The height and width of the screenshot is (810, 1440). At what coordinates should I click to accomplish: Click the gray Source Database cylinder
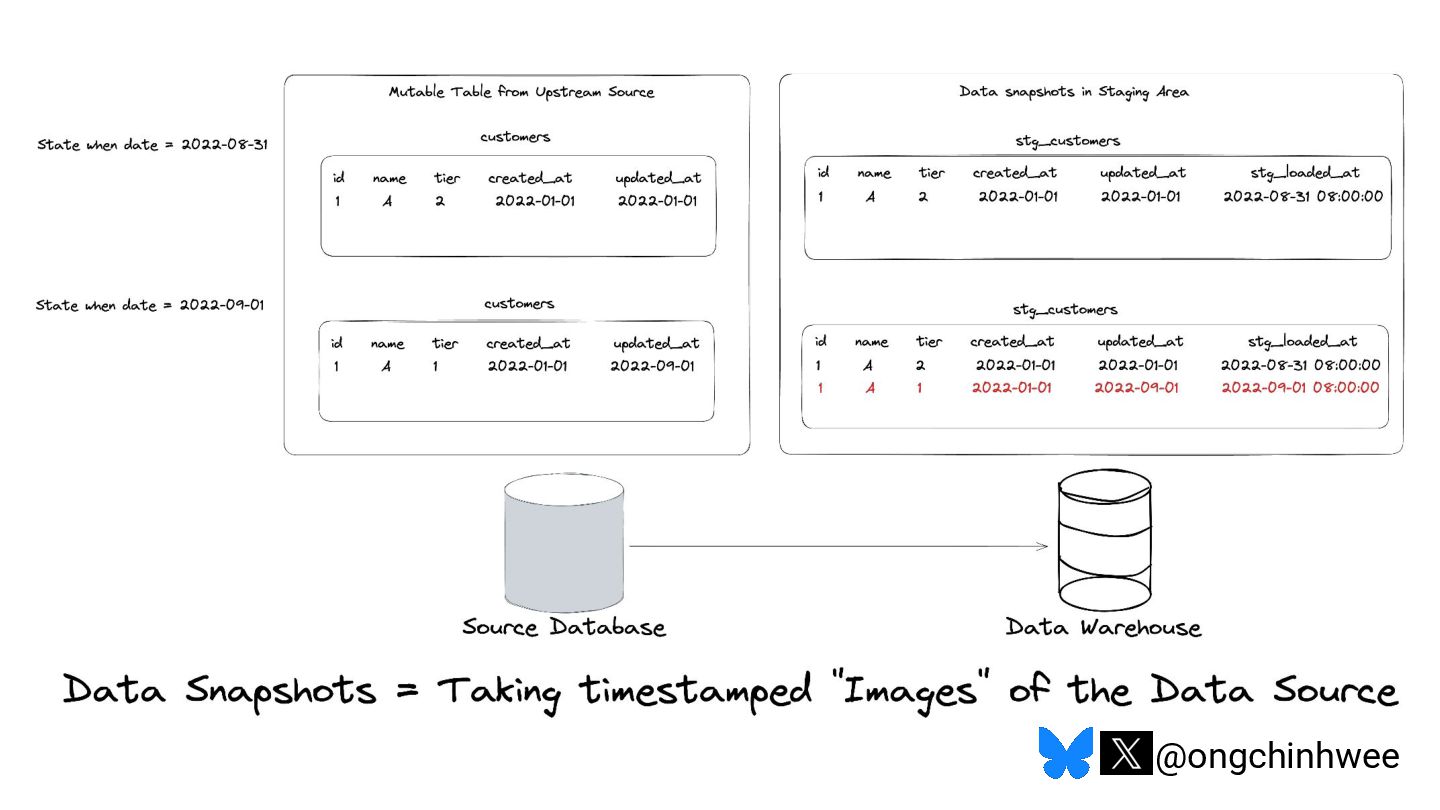pyautogui.click(x=564, y=545)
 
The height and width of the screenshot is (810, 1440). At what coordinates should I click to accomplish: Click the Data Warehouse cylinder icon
pyautogui.click(x=1107, y=545)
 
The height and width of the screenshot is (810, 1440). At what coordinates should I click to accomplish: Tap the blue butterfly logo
pyautogui.click(x=1065, y=753)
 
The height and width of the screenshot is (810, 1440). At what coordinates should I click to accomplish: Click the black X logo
pyautogui.click(x=1125, y=753)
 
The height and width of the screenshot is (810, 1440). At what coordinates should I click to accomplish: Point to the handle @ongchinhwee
pyautogui.click(x=1277, y=756)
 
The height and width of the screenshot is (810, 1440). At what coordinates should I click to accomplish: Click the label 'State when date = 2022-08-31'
pyautogui.click(x=152, y=144)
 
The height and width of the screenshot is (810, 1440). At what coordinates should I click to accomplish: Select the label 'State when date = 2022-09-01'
pyautogui.click(x=150, y=305)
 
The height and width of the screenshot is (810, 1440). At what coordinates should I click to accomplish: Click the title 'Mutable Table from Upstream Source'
pyautogui.click(x=521, y=92)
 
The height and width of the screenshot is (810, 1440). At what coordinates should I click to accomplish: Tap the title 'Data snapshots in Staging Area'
pyautogui.click(x=1074, y=92)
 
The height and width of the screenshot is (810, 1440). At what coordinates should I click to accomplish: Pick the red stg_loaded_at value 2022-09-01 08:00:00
pyautogui.click(x=1300, y=388)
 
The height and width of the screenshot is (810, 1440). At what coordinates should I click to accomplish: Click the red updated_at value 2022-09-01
pyautogui.click(x=1136, y=388)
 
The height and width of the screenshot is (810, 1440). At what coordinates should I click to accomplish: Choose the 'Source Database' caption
pyautogui.click(x=564, y=628)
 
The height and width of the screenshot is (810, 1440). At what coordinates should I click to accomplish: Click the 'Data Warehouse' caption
pyautogui.click(x=1103, y=628)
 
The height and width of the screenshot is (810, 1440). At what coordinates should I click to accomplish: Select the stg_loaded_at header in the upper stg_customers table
pyautogui.click(x=1305, y=173)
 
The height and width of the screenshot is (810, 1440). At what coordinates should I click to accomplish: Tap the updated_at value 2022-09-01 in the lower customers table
pyautogui.click(x=652, y=366)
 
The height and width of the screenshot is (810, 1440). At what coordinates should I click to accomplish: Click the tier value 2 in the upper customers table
pyautogui.click(x=439, y=201)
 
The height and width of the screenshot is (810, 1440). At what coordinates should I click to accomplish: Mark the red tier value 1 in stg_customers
pyautogui.click(x=920, y=388)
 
